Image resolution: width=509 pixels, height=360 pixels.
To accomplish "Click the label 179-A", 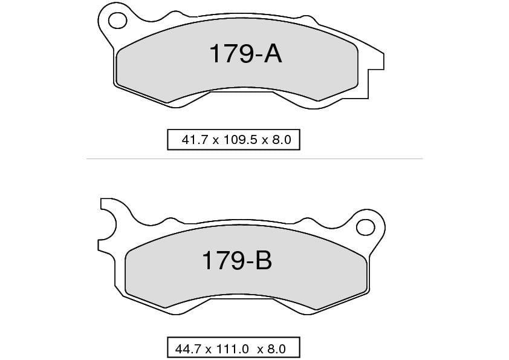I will point(245,54).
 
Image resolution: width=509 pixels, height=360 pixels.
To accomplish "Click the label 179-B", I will point(236,261).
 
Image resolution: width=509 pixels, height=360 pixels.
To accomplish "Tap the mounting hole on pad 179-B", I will point(365,227).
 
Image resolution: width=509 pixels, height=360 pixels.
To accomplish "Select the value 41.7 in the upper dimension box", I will point(193,140).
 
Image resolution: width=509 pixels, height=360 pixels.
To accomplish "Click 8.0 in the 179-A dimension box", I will point(282,140).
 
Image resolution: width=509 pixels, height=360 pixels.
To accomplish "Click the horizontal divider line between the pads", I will point(254,159).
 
